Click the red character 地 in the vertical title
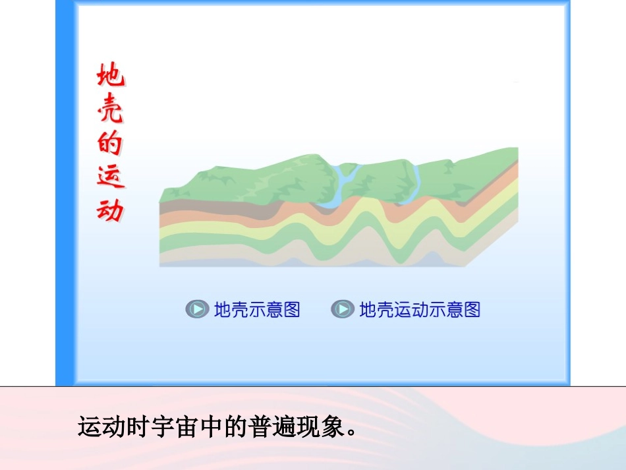click(110, 77)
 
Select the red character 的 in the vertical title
click(110, 144)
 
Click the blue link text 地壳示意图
click(257, 309)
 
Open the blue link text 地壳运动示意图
click(420, 309)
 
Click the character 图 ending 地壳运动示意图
click(472, 309)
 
